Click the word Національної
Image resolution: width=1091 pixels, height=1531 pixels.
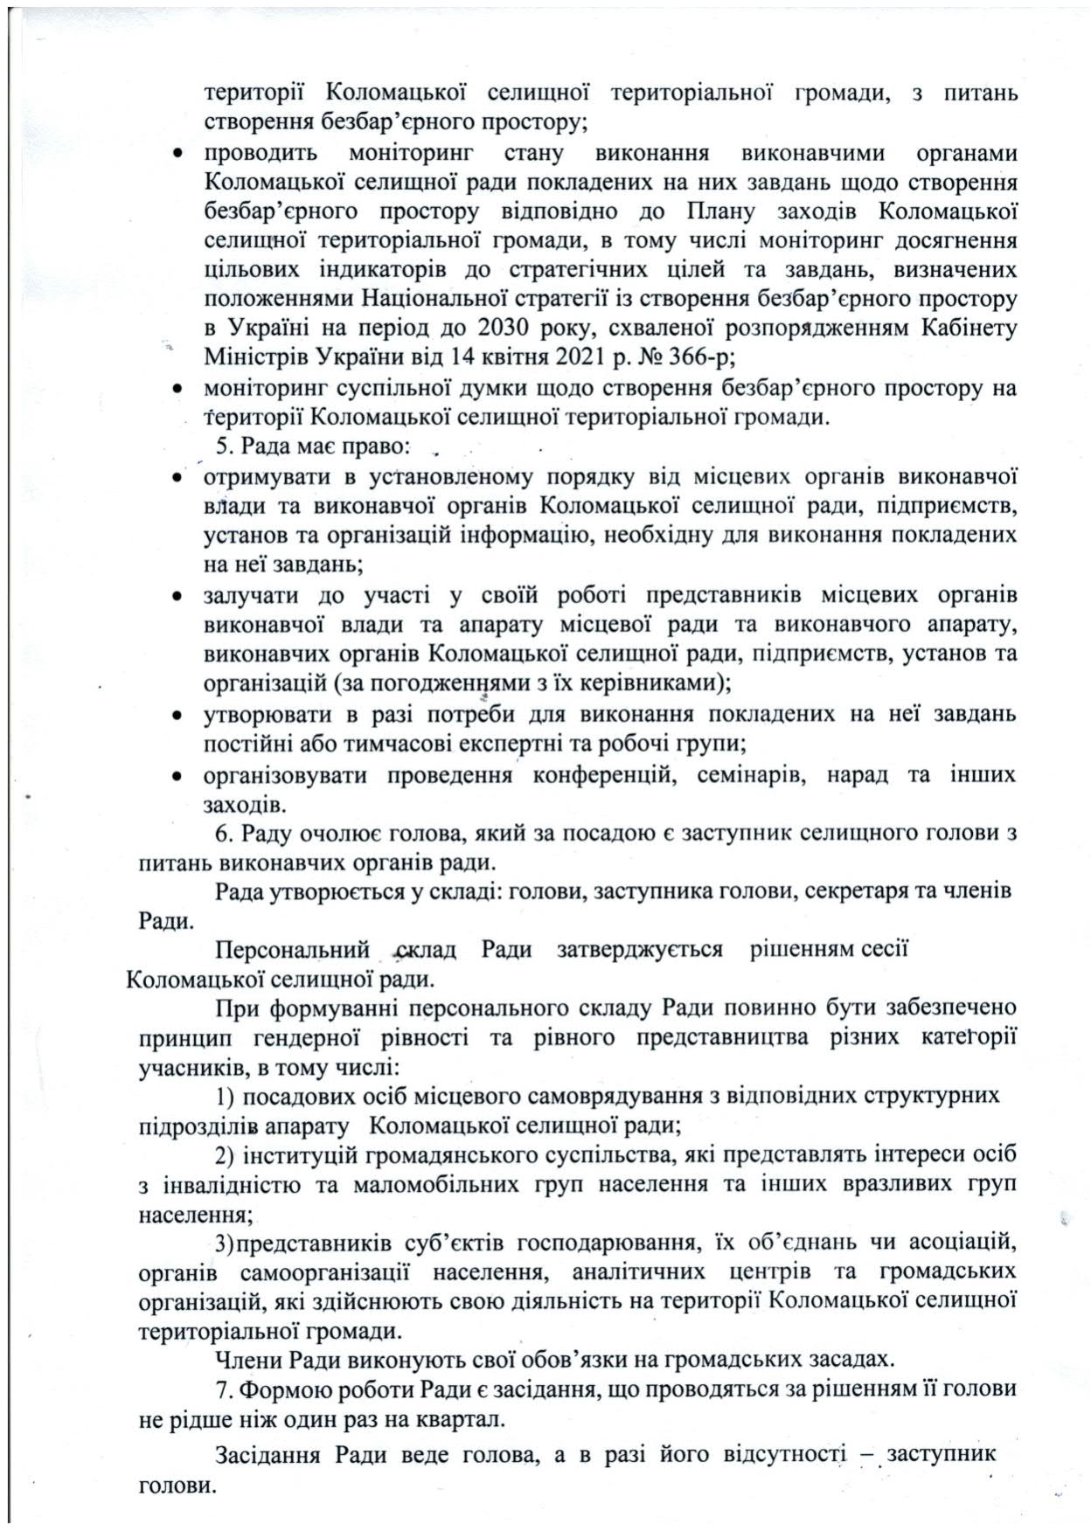[x=428, y=299]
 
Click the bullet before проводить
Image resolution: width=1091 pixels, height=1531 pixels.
[x=177, y=154]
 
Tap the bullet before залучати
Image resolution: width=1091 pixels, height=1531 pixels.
[x=177, y=597]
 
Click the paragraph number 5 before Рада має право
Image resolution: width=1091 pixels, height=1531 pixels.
[x=221, y=447]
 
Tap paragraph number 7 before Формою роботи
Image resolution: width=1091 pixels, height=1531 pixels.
[x=221, y=1389]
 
